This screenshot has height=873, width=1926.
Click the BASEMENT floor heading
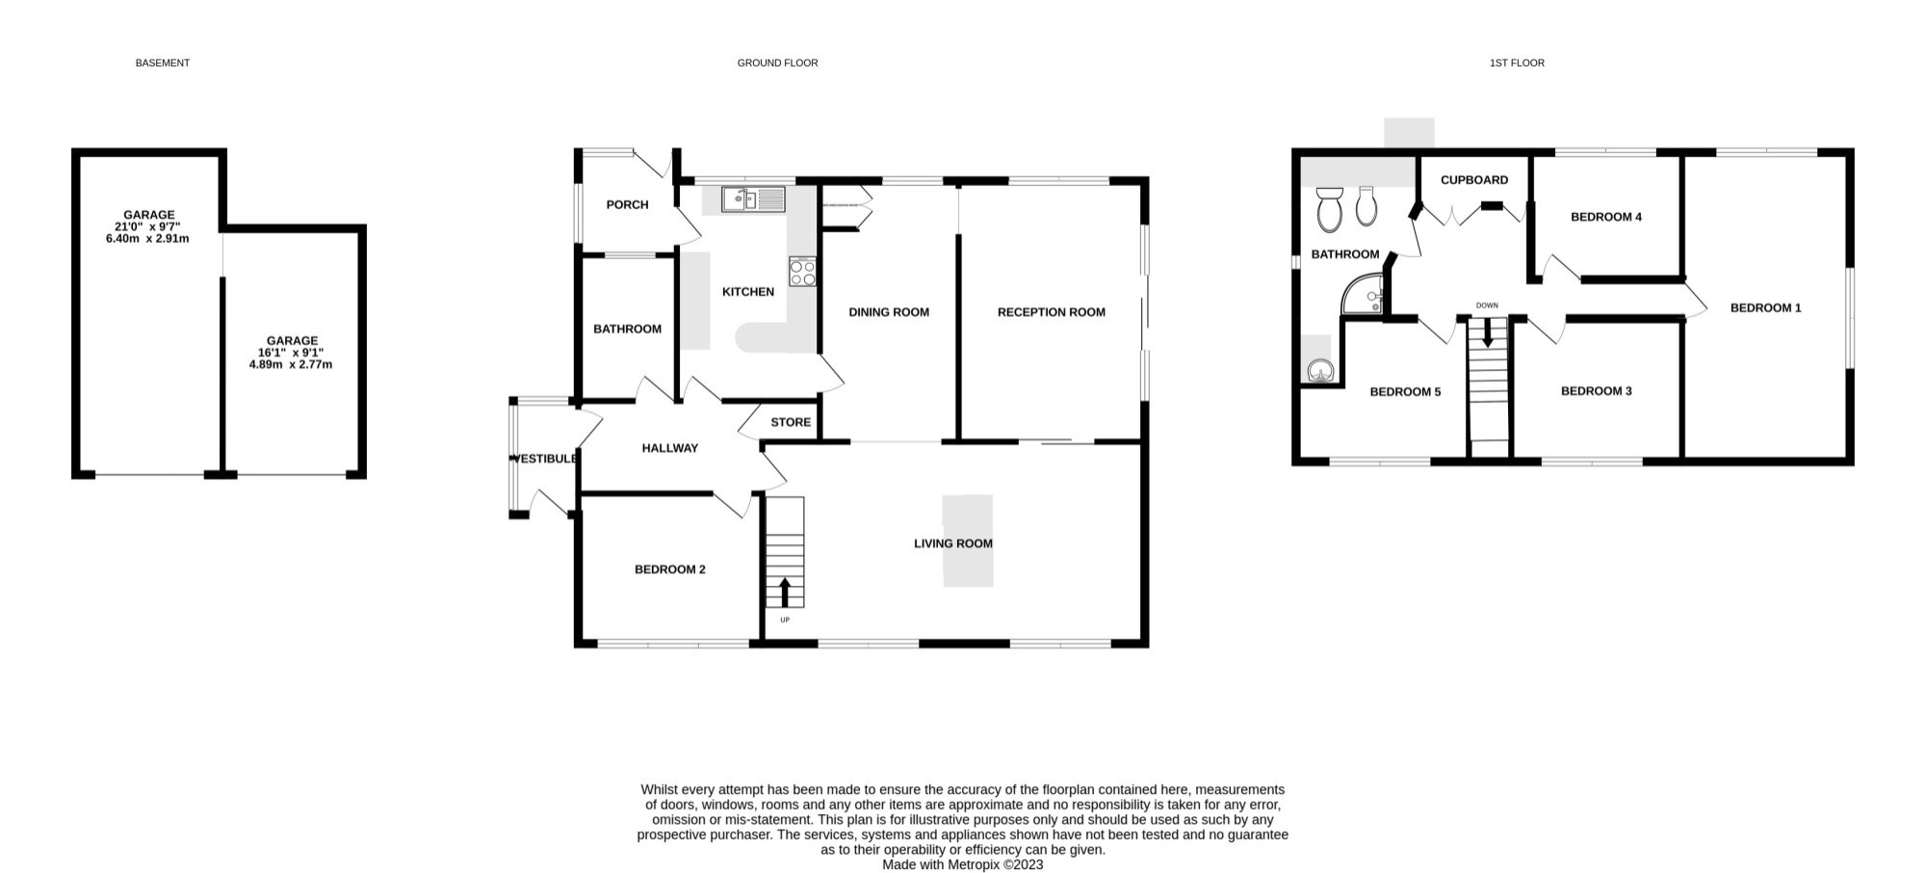coord(163,63)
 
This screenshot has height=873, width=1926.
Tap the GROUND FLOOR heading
coord(777,63)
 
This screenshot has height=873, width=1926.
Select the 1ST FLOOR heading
coord(1517,63)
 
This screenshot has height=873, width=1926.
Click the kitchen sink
coord(754,199)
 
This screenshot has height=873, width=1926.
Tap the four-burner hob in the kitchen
coord(802,272)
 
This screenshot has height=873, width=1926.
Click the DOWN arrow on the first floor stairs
coord(1488,332)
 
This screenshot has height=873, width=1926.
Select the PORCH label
coord(627,204)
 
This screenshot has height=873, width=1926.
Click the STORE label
coord(791,422)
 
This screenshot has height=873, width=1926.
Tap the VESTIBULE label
coord(545,459)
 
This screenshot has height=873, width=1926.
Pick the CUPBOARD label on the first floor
coord(1474,180)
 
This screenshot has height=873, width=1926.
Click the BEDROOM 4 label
coord(1606,217)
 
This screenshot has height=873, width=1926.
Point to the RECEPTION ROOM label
coord(1052,312)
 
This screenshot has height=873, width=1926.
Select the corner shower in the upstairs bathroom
coord(1363,295)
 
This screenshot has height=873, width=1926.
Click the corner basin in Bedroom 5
coord(1319,370)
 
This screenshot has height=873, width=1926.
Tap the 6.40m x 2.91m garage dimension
coord(147,238)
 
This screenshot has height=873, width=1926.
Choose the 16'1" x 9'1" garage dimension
coord(292,353)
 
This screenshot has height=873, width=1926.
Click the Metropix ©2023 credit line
coord(963,864)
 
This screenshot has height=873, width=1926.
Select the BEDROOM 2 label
coord(670,569)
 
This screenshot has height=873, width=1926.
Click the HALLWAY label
coord(670,448)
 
